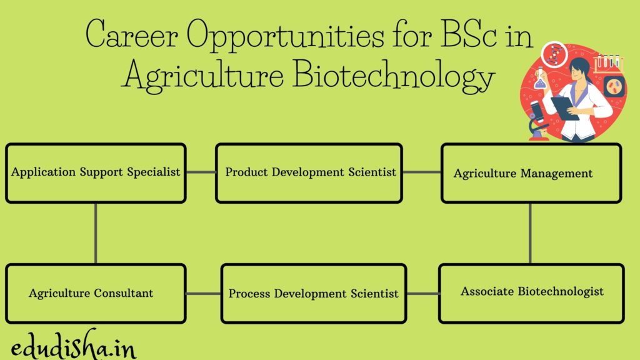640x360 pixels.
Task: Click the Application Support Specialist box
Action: (x=96, y=173)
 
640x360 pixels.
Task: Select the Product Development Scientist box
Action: (x=309, y=173)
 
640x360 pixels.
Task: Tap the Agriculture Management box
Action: (x=531, y=173)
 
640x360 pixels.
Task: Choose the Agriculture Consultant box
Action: (x=96, y=293)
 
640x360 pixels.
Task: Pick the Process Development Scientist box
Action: (x=313, y=293)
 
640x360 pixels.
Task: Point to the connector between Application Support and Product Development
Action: (x=201, y=172)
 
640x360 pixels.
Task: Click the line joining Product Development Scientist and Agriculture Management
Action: (x=422, y=172)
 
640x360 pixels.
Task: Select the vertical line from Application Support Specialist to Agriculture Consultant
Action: (x=96, y=233)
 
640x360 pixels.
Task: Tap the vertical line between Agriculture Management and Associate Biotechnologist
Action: (x=530, y=233)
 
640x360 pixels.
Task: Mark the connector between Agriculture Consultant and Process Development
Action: (x=203, y=293)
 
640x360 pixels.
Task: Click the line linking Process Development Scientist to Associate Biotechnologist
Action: (x=422, y=293)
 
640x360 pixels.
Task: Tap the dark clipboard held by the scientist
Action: (x=566, y=107)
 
